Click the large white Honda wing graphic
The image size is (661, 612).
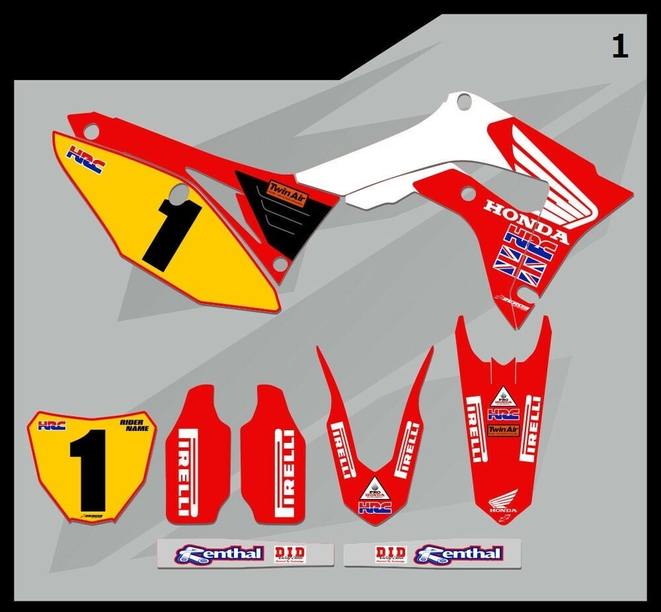pos(562,178)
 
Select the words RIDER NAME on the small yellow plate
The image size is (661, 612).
pos(135,424)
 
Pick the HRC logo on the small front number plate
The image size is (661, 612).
pos(52,425)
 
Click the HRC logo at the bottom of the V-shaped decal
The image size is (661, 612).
pos(375,508)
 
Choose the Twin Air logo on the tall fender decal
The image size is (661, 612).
pos(503,430)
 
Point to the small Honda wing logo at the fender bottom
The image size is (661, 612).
pos(502,504)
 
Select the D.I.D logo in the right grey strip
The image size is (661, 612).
pos(390,554)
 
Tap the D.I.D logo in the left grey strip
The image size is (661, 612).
pos(290,554)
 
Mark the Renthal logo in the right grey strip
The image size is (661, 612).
pos(459,553)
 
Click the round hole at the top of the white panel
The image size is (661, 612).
pos(464,102)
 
